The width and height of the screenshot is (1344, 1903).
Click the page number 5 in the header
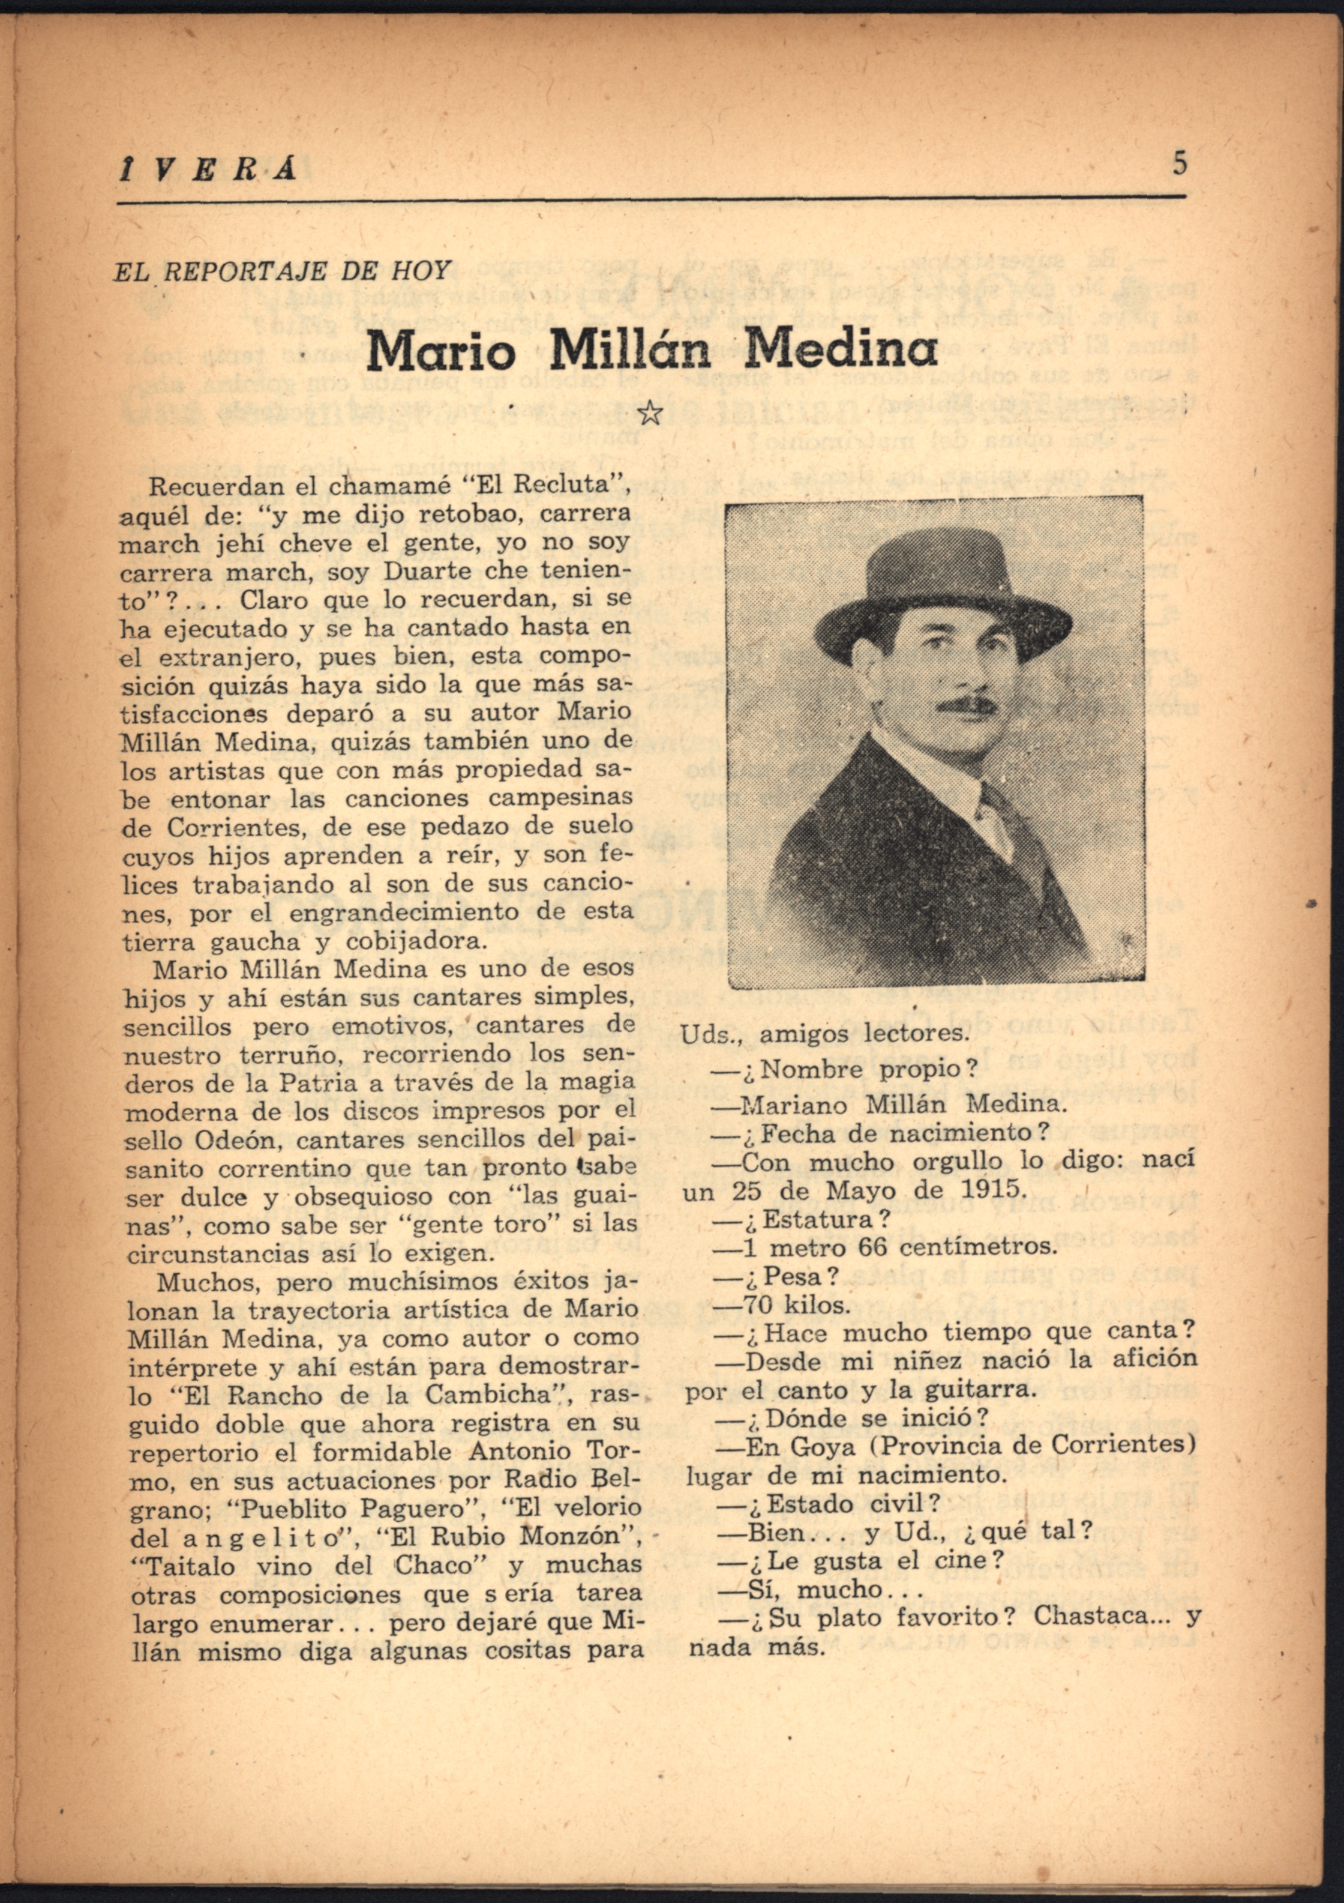coord(1180,163)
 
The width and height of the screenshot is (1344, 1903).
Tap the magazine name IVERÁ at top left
coord(207,169)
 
